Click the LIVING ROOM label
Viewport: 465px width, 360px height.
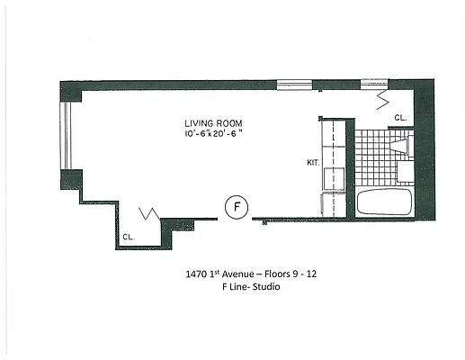(x=213, y=123)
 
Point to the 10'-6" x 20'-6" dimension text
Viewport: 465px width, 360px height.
(x=214, y=135)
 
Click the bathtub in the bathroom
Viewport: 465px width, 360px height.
(x=384, y=201)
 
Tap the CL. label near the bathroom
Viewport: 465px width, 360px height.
(x=399, y=118)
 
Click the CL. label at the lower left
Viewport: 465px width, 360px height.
(x=128, y=238)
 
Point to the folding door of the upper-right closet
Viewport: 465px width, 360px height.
(x=380, y=93)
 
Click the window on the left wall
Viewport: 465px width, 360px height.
(x=64, y=133)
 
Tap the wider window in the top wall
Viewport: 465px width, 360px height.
(x=294, y=85)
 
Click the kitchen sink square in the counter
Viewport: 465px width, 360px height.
(x=333, y=175)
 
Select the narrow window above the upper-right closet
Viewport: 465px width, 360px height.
(x=373, y=85)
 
